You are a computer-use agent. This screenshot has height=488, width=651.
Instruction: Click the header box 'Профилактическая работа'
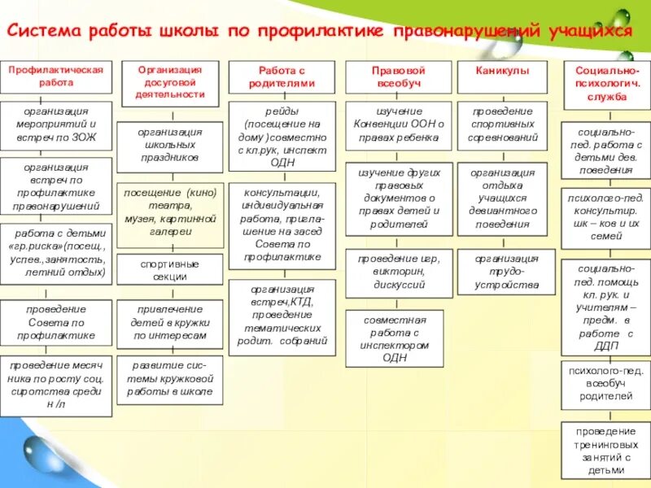[x=55, y=76]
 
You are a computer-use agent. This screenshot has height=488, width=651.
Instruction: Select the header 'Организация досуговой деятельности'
[x=169, y=82]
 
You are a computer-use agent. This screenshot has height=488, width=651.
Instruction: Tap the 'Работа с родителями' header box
[x=282, y=76]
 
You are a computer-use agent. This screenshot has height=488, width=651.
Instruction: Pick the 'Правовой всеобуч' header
[x=398, y=76]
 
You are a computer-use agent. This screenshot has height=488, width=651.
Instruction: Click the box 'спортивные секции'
[x=169, y=270]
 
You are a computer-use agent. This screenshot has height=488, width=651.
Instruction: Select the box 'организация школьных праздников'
[x=169, y=144]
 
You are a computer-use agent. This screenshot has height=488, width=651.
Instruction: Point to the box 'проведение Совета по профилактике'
[x=55, y=322]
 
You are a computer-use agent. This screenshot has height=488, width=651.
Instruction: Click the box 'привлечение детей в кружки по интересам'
[x=169, y=322]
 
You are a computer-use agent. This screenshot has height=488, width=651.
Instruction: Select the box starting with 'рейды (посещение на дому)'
[x=282, y=136]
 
